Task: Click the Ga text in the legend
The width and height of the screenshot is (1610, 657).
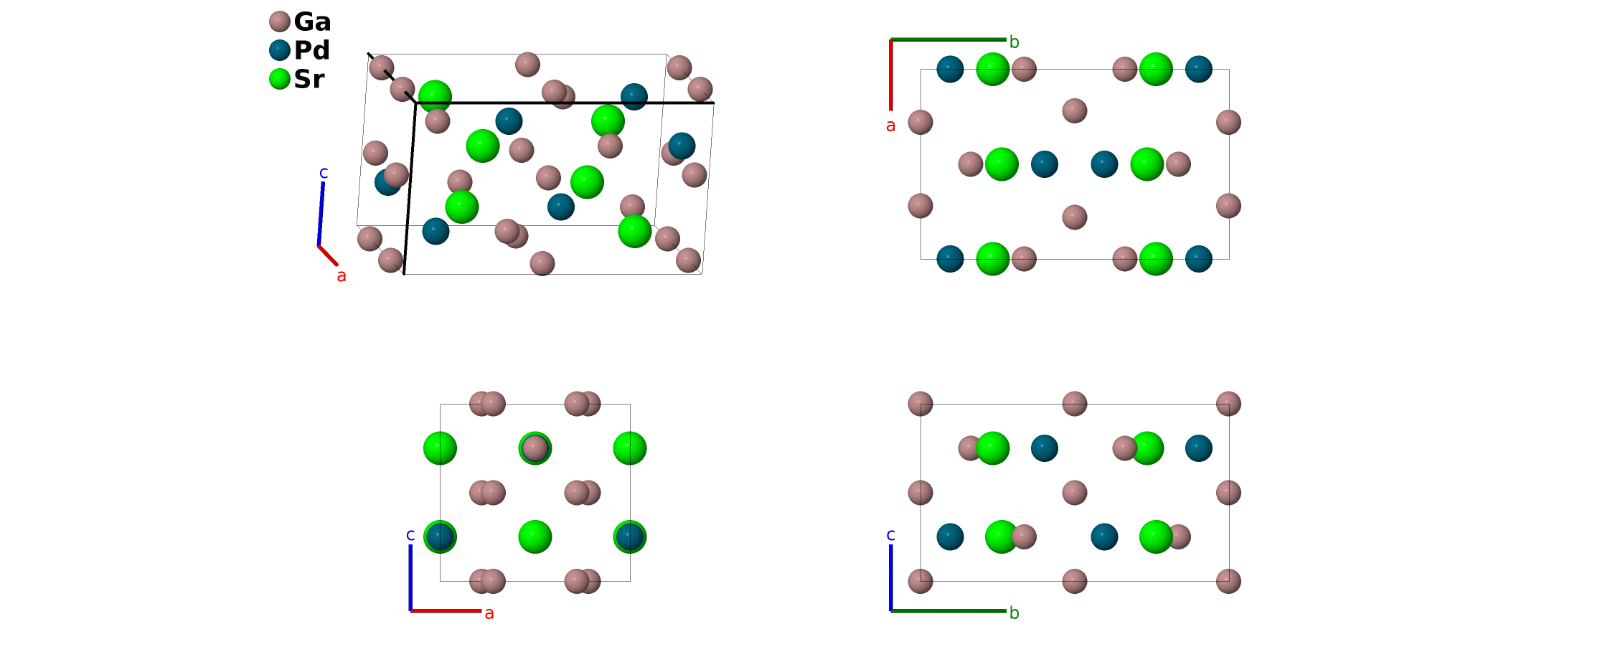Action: coord(312,22)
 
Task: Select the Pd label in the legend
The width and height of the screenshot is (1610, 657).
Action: coord(312,51)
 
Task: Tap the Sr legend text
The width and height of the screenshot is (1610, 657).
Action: coord(309,80)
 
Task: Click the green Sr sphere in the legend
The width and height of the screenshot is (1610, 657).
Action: coord(280,79)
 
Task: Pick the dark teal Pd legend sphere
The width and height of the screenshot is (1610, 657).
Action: coord(280,50)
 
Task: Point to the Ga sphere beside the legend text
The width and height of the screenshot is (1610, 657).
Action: coord(280,22)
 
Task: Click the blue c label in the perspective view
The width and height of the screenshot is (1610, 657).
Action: coord(324,173)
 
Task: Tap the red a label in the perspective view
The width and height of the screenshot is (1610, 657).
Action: coord(342,276)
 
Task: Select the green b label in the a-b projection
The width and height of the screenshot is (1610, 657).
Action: coord(1014,42)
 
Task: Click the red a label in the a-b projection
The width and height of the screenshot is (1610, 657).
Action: coord(890,126)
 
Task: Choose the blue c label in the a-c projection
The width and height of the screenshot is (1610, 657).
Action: coord(410,535)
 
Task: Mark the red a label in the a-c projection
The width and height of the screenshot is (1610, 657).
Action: coord(489,613)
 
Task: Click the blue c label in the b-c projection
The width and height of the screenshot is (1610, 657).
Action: coord(890,535)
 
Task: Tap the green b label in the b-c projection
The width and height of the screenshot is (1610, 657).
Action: coord(1014,613)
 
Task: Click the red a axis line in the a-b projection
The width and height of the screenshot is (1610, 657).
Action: coord(891,75)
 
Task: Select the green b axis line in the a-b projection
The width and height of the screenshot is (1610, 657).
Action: coord(947,39)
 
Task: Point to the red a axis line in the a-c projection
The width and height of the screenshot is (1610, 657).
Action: coord(445,611)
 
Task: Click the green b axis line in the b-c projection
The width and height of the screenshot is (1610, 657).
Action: coord(947,611)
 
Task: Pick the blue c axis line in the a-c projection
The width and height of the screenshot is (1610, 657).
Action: coord(410,577)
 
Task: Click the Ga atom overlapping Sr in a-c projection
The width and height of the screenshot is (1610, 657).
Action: coord(535,449)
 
